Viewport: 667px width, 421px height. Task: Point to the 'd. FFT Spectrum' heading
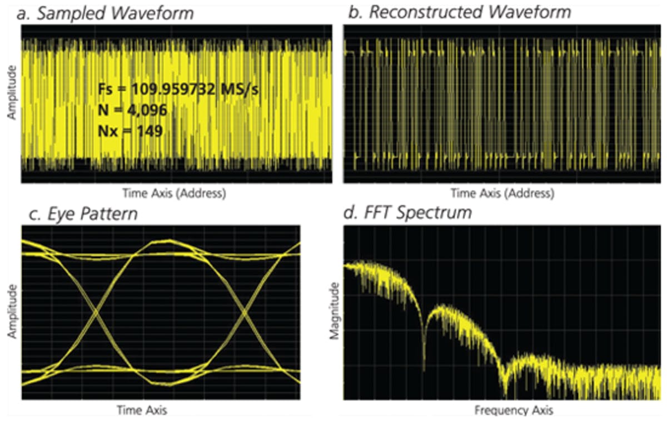click(408, 212)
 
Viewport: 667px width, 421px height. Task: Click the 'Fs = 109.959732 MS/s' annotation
click(178, 90)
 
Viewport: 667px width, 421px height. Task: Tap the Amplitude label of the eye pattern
click(12, 313)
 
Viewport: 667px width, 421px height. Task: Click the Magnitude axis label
click(334, 311)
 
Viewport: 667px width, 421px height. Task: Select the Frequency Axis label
click(514, 411)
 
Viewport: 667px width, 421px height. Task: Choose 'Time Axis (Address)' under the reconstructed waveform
click(502, 194)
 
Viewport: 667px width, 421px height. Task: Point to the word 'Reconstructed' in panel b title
click(421, 12)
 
